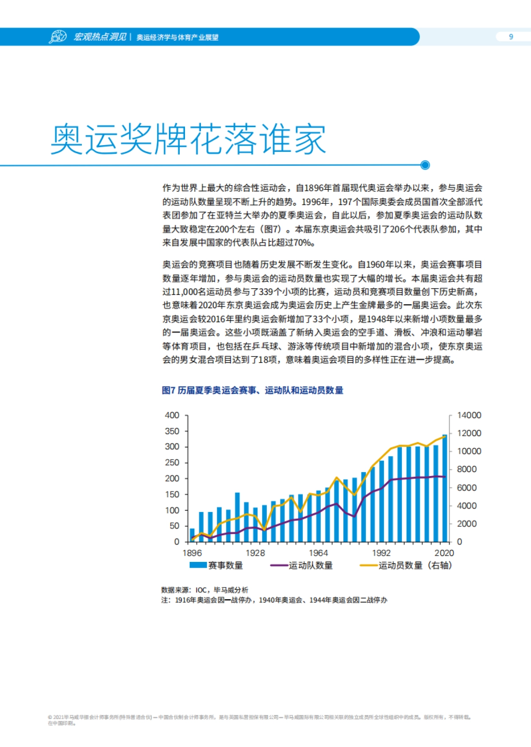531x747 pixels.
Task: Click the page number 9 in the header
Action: coord(511,37)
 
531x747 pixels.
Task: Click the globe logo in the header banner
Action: coord(58,37)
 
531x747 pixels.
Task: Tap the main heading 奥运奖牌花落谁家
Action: coord(188,139)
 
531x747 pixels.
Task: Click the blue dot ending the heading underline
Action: coord(425,165)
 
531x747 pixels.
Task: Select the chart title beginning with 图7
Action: coord(252,390)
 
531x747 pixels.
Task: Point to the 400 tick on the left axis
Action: coord(172,415)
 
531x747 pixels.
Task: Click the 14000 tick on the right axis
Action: coord(469,415)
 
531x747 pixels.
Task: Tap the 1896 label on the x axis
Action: coord(192,553)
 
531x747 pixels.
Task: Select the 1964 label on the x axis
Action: coord(318,553)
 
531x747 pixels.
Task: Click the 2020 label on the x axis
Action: coord(444,553)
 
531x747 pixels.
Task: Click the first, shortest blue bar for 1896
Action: coord(192,535)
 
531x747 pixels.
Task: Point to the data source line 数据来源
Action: coord(205,590)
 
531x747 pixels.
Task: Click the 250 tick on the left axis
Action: coord(172,463)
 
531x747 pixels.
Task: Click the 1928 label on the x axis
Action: coord(255,553)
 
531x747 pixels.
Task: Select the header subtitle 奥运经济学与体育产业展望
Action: coord(177,38)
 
